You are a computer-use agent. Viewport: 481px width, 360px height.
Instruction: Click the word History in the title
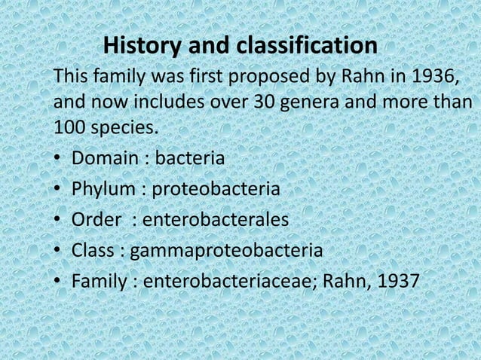(141, 47)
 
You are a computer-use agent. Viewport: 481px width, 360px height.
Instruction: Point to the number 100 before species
(69, 129)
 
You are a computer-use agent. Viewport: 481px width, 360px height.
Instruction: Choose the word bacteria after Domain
(188, 160)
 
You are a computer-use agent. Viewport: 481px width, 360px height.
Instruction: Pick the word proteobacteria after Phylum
(217, 190)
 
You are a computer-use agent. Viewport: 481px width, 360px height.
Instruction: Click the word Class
(93, 250)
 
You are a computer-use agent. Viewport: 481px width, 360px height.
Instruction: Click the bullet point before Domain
(58, 160)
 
